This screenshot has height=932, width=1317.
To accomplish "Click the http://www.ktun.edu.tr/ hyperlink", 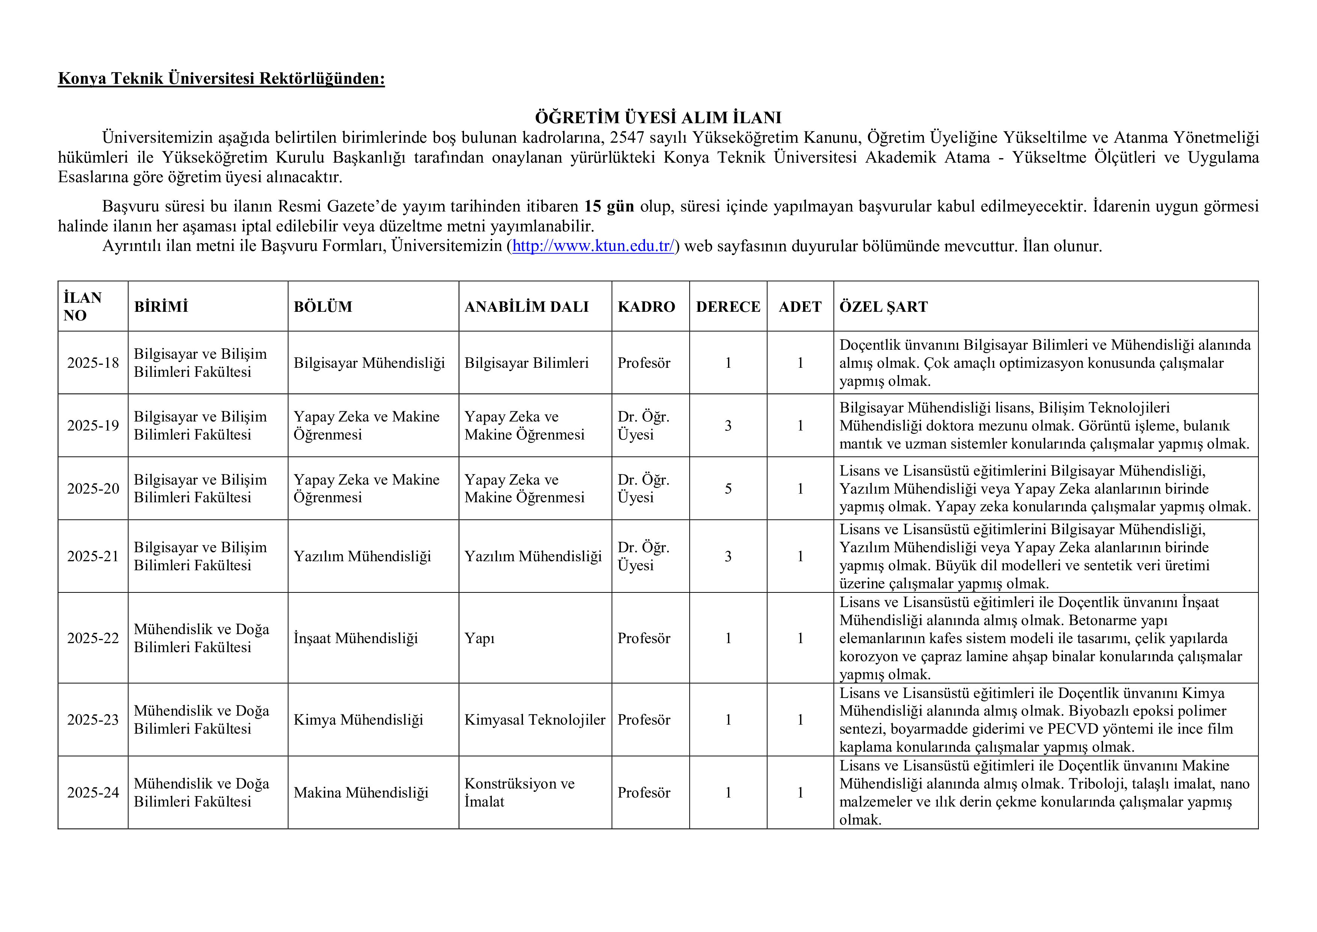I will [593, 246].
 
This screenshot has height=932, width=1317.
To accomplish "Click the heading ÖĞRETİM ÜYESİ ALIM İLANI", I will [658, 118].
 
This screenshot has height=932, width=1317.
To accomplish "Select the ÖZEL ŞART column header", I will [883, 307].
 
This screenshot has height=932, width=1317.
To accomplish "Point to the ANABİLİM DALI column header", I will [527, 307].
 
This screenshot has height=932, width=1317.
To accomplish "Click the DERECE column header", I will [728, 307].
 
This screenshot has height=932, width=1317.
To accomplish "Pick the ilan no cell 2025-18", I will [93, 363].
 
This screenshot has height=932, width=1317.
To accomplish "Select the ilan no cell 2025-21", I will [93, 556].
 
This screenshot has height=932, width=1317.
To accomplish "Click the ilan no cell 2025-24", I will [93, 793].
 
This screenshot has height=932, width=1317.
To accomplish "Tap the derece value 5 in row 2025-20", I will [728, 488].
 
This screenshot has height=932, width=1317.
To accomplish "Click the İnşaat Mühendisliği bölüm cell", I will [356, 638].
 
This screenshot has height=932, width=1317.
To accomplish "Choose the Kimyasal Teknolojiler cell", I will [535, 720].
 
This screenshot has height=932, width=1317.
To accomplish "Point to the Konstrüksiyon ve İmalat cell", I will [519, 793].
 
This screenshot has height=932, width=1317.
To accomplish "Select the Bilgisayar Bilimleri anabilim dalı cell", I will [527, 363].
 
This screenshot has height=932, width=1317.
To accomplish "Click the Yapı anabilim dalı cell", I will [479, 638].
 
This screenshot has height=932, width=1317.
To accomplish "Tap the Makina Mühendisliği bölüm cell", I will [361, 793].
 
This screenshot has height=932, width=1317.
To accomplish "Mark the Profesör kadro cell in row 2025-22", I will [643, 638].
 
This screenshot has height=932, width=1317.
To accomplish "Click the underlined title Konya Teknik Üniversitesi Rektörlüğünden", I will [222, 78].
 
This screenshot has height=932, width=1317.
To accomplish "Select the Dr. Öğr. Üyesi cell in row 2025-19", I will [643, 425].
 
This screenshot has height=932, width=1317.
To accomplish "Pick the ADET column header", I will [800, 307].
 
